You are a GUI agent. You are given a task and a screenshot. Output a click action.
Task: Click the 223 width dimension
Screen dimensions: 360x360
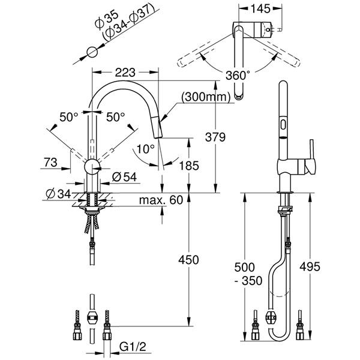click(125, 73)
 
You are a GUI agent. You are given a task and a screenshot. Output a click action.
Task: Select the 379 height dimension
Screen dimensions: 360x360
click(215, 137)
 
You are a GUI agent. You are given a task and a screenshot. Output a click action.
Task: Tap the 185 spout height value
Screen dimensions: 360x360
click(189, 166)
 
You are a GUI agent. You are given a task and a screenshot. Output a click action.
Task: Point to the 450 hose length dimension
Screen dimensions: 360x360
click(189, 260)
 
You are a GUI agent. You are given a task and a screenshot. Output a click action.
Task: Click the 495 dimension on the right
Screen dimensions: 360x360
click(310, 267)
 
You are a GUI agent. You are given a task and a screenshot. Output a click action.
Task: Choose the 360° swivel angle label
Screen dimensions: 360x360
click(238, 75)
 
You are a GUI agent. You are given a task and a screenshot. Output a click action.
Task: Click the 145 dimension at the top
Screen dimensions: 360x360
click(260, 9)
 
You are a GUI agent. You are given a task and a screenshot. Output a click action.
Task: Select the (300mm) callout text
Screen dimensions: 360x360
click(206, 97)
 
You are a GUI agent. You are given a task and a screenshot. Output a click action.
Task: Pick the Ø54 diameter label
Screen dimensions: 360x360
click(124, 177)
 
